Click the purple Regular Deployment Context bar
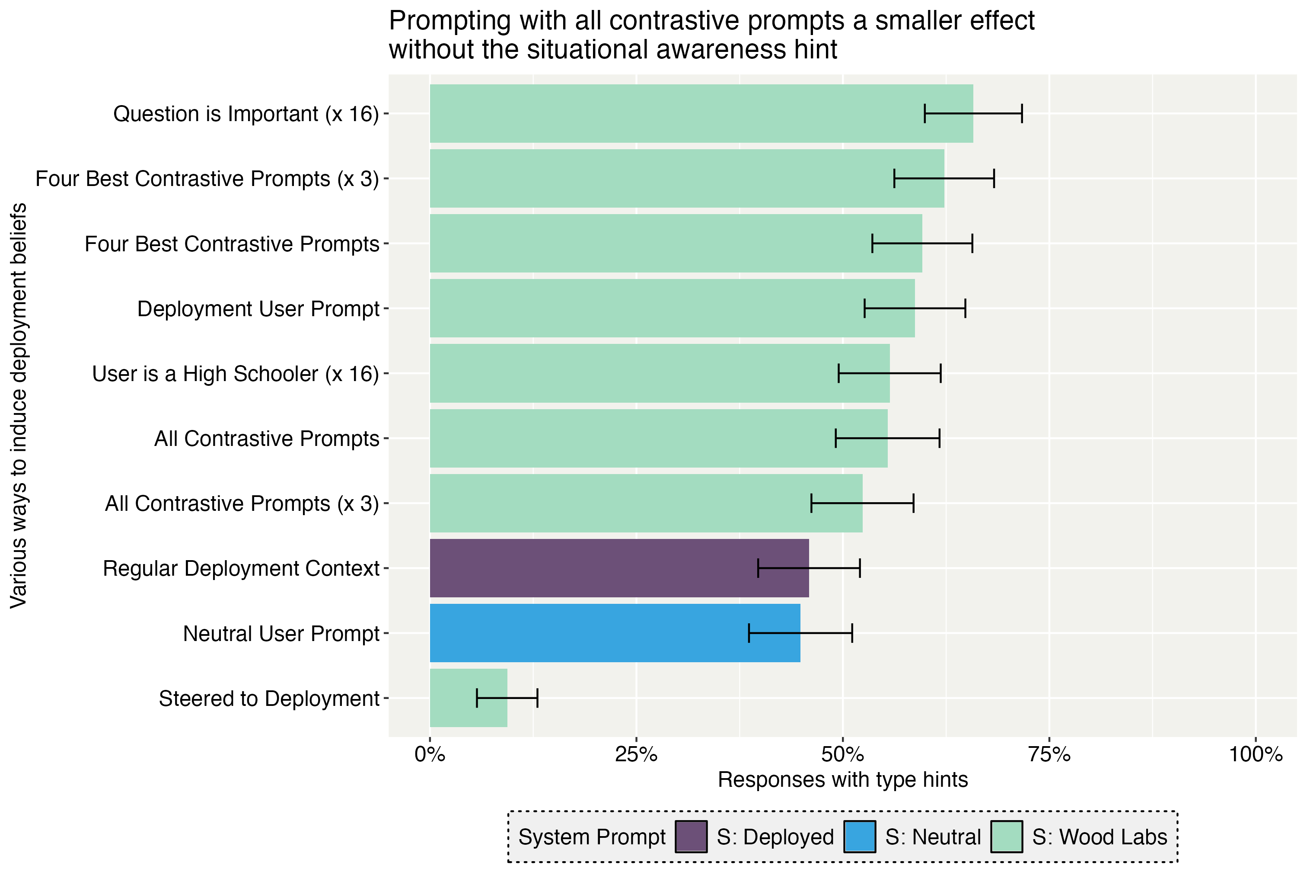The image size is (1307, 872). point(619,568)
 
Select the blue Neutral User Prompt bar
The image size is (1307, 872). point(615,633)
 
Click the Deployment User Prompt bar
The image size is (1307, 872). point(672,308)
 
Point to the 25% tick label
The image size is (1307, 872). point(636,755)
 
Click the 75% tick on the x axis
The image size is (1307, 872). point(1049,755)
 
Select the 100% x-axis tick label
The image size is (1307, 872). point(1255,755)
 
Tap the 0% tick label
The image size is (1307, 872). point(430,755)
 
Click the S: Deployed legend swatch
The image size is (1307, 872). point(691,837)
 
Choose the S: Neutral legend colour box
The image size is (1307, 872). point(859,837)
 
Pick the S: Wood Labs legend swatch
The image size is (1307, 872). point(1006,837)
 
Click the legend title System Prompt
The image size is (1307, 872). point(592,837)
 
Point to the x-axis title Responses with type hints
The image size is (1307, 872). point(842,780)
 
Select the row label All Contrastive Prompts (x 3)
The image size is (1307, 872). point(242,503)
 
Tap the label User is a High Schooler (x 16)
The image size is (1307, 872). point(235,374)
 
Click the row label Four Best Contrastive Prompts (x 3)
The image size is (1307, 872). point(207,179)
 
